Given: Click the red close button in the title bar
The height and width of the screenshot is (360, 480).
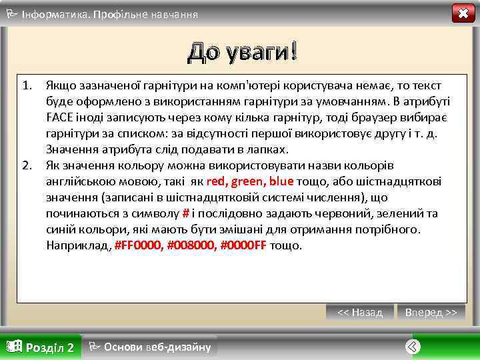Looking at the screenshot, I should pos(463,13).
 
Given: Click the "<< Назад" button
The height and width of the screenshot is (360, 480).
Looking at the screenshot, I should pos(360,312).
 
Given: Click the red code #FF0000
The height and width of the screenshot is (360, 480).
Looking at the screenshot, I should pos(138,245).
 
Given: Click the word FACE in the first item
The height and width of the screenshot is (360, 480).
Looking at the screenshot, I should pos(61,117).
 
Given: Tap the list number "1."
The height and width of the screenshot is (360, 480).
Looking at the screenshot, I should pos(27,85).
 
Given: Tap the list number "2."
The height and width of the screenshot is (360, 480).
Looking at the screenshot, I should pos(27,165).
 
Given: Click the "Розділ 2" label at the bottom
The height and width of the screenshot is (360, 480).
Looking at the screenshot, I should pos(49,347).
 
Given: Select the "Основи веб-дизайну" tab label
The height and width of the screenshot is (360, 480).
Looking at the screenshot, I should pos(157,347).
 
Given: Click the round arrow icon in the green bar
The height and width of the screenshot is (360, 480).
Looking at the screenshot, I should pos(413,347).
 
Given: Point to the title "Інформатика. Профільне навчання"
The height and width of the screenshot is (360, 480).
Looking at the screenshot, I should pos(109,14).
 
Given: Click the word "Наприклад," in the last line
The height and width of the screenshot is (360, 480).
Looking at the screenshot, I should pos(79,245).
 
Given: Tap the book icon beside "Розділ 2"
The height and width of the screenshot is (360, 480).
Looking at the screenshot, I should pos(13,346).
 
